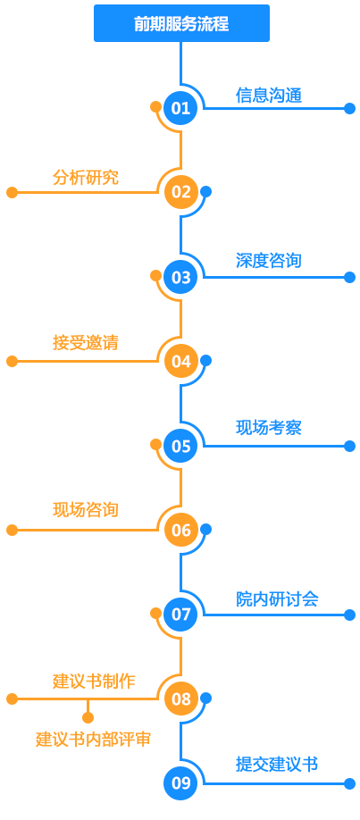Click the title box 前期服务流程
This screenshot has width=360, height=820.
pos(181,23)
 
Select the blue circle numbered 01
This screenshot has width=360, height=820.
pos(181,108)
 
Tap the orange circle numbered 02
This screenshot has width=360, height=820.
pos(181,192)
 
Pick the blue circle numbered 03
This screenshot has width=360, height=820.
pos(181,277)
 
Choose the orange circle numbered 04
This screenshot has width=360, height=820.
pos(181,362)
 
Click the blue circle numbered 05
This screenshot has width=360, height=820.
pos(181,446)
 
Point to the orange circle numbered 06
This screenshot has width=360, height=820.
pos(181,531)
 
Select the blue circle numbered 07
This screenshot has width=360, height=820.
pos(181,615)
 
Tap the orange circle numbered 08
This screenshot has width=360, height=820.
pos(181,699)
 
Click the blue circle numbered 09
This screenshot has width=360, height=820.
pos(181,783)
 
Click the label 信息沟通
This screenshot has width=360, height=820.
pos(269,96)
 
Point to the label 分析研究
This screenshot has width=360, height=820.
pos(86,177)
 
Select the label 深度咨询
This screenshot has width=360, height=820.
pos(269,261)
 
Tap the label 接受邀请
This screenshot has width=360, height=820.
pos(86,343)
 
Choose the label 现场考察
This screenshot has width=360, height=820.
pos(269,428)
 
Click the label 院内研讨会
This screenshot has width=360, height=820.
pos(277,598)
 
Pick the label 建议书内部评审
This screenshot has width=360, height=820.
pos(94,740)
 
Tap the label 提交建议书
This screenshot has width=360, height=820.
pos(277,765)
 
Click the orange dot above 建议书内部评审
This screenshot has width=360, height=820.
pos(88,717)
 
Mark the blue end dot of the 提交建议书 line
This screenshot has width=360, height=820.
pos(350,783)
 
